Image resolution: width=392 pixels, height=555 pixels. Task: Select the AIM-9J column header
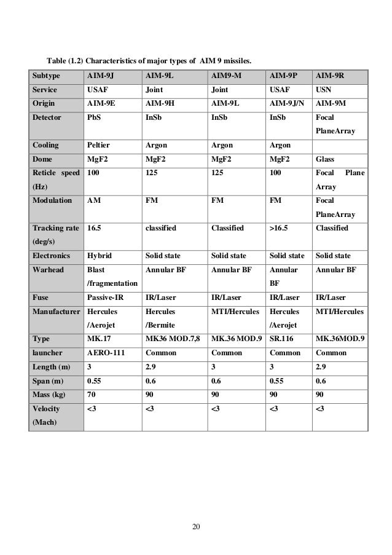coord(101,76)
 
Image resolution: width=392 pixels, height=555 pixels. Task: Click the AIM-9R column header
coord(329,76)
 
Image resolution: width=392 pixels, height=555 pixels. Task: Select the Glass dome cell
coord(324,159)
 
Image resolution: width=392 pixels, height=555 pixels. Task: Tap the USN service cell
coord(323,90)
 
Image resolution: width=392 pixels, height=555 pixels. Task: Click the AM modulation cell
coord(94,200)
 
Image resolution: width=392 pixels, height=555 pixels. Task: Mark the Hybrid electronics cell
coord(100,255)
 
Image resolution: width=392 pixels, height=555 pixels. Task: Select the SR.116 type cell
coord(283,339)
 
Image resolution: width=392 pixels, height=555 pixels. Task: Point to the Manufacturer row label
coord(56,312)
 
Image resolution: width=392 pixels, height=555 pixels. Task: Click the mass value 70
coord(92,394)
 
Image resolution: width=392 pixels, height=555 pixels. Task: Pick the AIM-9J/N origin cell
coord(287,103)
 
